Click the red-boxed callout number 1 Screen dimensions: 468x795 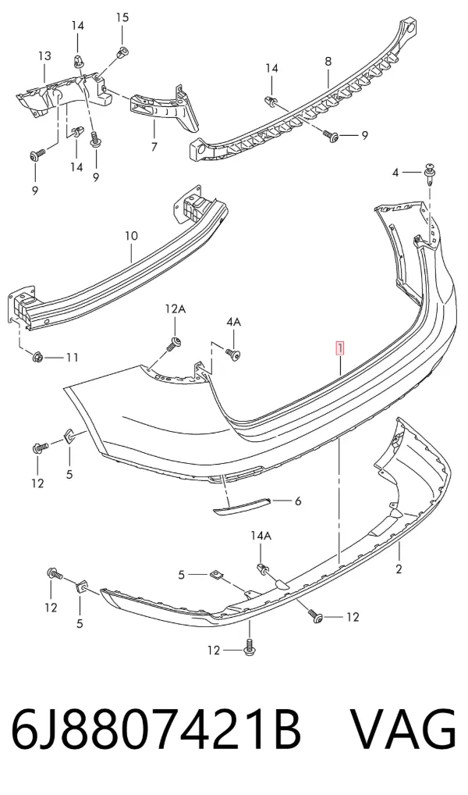[x=339, y=349]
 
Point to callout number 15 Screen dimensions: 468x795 [x=122, y=18]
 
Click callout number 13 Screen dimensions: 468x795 [x=44, y=55]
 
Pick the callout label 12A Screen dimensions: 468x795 [x=175, y=308]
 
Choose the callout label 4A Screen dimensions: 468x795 [x=233, y=322]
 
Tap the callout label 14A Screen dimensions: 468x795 [x=261, y=535]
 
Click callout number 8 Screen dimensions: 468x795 [x=328, y=62]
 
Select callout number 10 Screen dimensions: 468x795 [x=131, y=236]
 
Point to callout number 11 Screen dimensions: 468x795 [x=72, y=358]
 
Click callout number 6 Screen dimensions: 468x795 [x=298, y=501]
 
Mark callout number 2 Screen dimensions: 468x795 [x=399, y=569]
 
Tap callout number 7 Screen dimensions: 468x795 [x=154, y=147]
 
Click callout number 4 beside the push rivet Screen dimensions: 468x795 [x=396, y=173]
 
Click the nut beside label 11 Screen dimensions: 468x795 [x=38, y=358]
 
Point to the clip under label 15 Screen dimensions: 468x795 [x=122, y=52]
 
